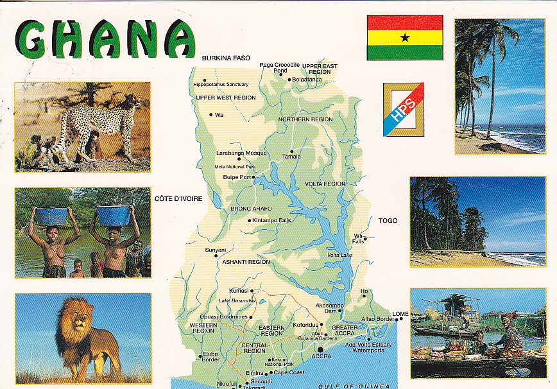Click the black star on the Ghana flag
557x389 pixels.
(405, 37)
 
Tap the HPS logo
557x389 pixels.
(403, 110)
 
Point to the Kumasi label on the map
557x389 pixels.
(239, 291)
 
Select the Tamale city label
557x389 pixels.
(291, 157)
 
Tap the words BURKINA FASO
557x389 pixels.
(226, 58)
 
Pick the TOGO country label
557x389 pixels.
(388, 220)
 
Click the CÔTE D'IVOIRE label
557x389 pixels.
(178, 198)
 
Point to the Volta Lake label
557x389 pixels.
(339, 255)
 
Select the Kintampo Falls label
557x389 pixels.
(272, 220)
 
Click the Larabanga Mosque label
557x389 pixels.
(241, 153)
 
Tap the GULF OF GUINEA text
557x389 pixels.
(354, 385)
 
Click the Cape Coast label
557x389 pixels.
(289, 372)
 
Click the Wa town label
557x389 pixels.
(219, 116)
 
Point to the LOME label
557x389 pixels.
(400, 313)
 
